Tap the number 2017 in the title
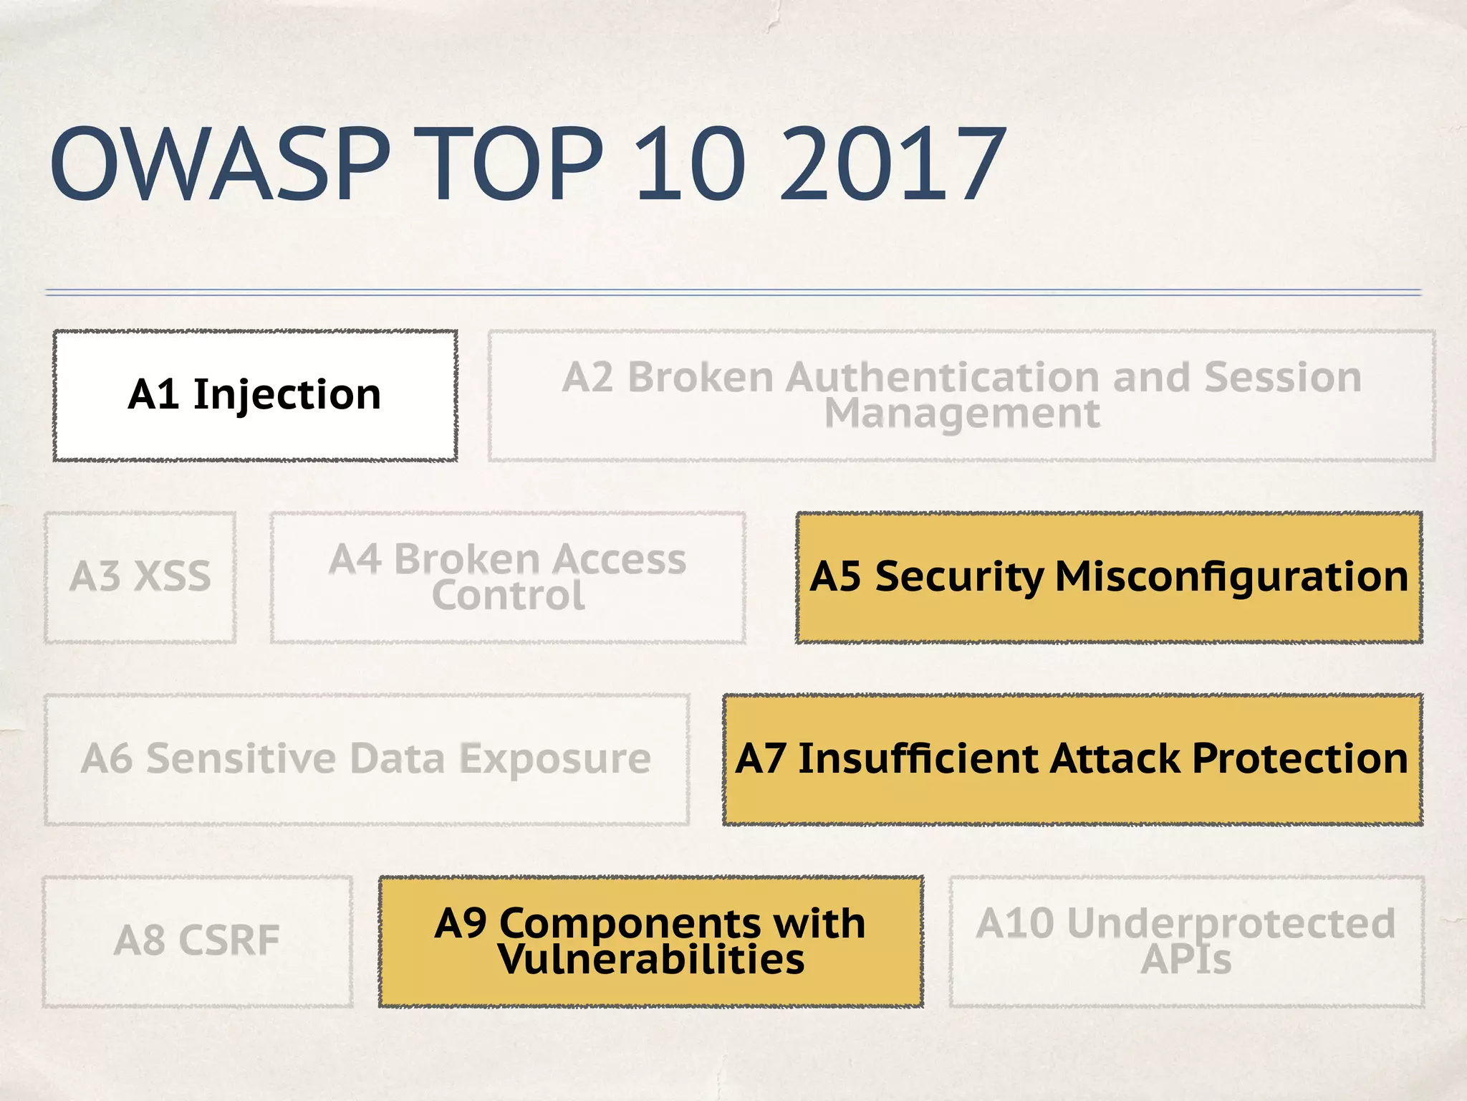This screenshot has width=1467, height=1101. pos(892,165)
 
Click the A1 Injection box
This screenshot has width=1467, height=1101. pos(255,395)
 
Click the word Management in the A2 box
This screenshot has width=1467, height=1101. pos(961,414)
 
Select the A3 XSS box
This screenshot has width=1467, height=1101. pos(140,577)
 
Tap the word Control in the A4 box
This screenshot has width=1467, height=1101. pos(508,596)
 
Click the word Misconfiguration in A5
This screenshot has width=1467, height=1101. pos(1231,576)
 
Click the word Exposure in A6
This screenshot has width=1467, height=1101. pos(554,758)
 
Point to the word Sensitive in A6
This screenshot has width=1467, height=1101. pos(241,758)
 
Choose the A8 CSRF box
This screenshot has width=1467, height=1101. pos(197,940)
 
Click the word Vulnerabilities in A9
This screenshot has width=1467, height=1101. pos(651,961)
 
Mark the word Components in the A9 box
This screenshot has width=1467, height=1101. pos(630,923)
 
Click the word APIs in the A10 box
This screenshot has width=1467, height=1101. pos(1185,961)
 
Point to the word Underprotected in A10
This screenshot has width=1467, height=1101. pos(1231,923)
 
